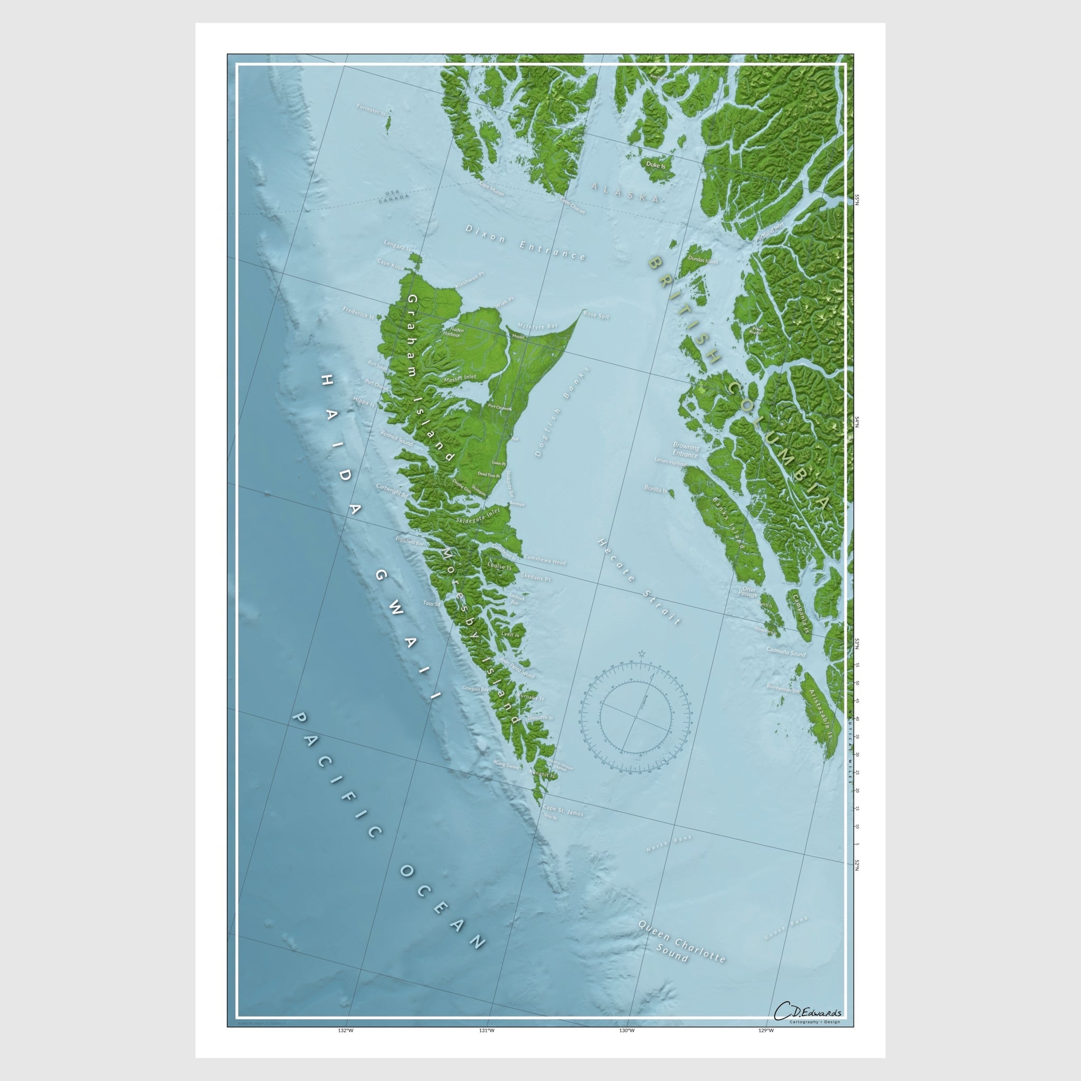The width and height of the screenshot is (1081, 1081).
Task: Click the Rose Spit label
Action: [596, 316]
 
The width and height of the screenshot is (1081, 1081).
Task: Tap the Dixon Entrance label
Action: [525, 243]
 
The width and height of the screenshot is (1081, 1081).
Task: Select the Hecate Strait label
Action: [639, 582]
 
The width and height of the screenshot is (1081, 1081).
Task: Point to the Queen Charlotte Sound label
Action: [682, 941]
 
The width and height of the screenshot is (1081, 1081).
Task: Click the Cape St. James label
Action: [563, 811]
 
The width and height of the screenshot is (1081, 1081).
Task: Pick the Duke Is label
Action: [655, 166]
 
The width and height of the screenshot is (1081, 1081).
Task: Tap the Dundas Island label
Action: [703, 260]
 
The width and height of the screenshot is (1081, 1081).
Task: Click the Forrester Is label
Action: [372, 109]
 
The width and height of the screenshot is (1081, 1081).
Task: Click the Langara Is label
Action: [397, 244]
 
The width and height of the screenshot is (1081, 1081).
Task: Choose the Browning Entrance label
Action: [686, 450]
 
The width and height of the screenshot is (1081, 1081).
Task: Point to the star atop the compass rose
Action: [641, 653]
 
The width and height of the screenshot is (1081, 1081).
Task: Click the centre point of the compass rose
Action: [636, 717]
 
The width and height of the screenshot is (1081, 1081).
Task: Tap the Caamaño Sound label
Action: [785, 652]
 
